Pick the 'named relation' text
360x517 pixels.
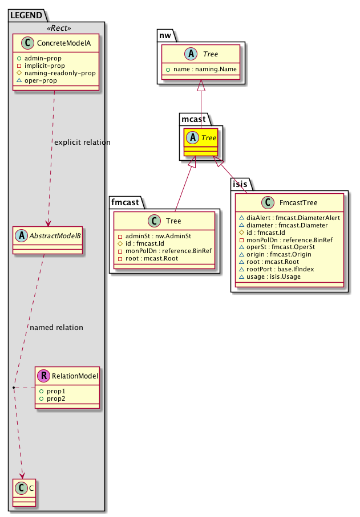pos(56,328)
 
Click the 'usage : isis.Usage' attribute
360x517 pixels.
pos(276,277)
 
